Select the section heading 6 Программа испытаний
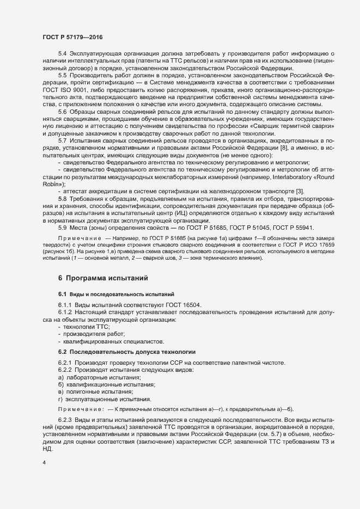coord(103,278)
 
